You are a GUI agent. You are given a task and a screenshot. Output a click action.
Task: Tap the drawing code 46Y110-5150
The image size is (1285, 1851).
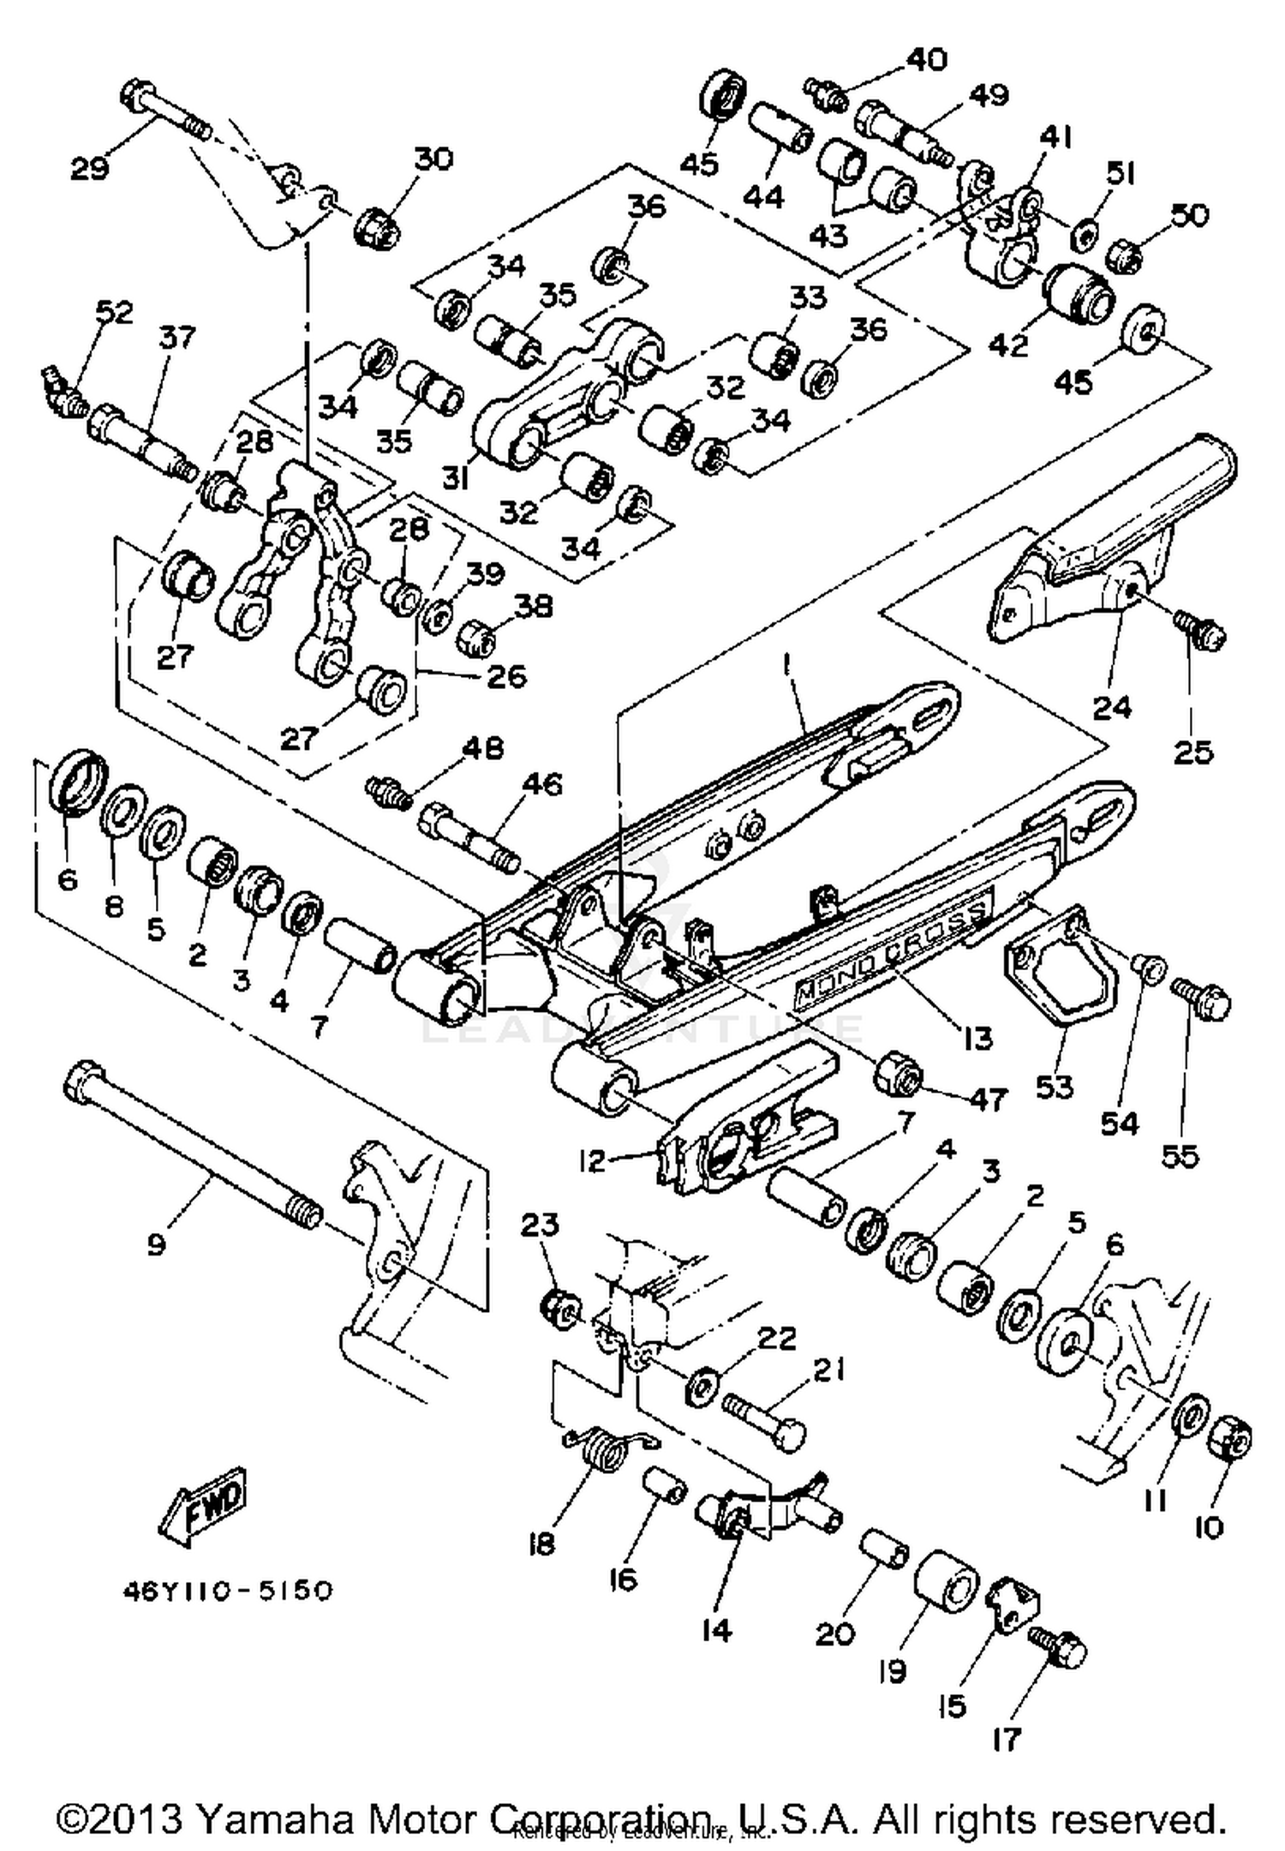(227, 1591)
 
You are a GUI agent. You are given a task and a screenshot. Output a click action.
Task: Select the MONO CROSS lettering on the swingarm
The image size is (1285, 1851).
(891, 955)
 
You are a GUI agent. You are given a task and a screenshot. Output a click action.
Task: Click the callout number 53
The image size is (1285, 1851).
(1054, 1086)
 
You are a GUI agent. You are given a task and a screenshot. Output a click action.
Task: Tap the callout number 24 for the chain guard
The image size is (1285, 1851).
(1112, 707)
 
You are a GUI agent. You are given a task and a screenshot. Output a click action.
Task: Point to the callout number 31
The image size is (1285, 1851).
(456, 478)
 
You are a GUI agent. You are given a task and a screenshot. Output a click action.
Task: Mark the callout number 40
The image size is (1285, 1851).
(926, 60)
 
